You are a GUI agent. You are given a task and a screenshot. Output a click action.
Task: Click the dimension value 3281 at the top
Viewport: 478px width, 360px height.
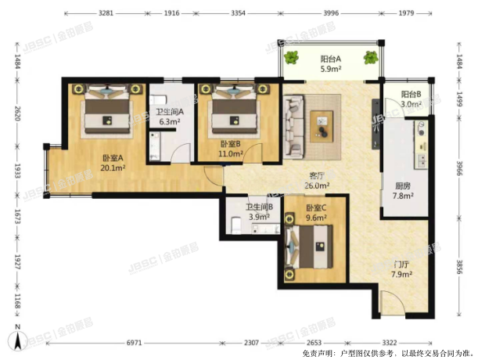click(x=106, y=13)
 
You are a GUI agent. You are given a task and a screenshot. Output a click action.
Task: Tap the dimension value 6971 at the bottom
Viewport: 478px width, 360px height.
click(x=134, y=343)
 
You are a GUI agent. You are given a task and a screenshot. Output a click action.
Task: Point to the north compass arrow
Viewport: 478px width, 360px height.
click(x=18, y=340)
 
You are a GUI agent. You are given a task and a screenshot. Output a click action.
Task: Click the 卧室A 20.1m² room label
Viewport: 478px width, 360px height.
click(x=113, y=163)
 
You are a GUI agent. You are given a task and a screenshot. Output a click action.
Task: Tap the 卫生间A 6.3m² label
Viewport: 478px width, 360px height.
click(x=170, y=117)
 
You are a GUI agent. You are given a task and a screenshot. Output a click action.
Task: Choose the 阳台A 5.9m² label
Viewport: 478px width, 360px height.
click(x=330, y=63)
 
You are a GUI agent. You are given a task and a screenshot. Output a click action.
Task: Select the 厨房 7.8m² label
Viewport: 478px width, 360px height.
click(x=403, y=191)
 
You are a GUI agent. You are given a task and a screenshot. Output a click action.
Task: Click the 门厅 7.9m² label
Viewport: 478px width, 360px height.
click(x=402, y=269)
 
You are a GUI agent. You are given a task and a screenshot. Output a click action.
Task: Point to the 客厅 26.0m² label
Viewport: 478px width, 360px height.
click(x=317, y=181)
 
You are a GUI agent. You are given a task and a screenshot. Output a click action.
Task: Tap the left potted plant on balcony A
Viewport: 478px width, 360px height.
click(x=291, y=58)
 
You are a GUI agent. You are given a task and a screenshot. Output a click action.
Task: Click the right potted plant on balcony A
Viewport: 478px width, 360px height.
click(x=371, y=57)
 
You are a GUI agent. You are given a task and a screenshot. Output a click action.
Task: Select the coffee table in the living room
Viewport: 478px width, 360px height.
click(x=322, y=127)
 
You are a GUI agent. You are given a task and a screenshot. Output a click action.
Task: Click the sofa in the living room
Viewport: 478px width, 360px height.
click(x=293, y=127)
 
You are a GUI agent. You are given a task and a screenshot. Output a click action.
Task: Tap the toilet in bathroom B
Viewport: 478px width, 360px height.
click(x=236, y=225)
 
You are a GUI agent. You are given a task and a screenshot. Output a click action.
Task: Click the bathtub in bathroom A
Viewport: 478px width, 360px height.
click(x=155, y=146)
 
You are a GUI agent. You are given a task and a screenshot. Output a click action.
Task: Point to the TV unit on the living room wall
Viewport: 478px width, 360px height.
click(x=376, y=124)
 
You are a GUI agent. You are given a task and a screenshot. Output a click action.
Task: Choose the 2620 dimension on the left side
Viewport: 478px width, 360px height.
click(x=17, y=113)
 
